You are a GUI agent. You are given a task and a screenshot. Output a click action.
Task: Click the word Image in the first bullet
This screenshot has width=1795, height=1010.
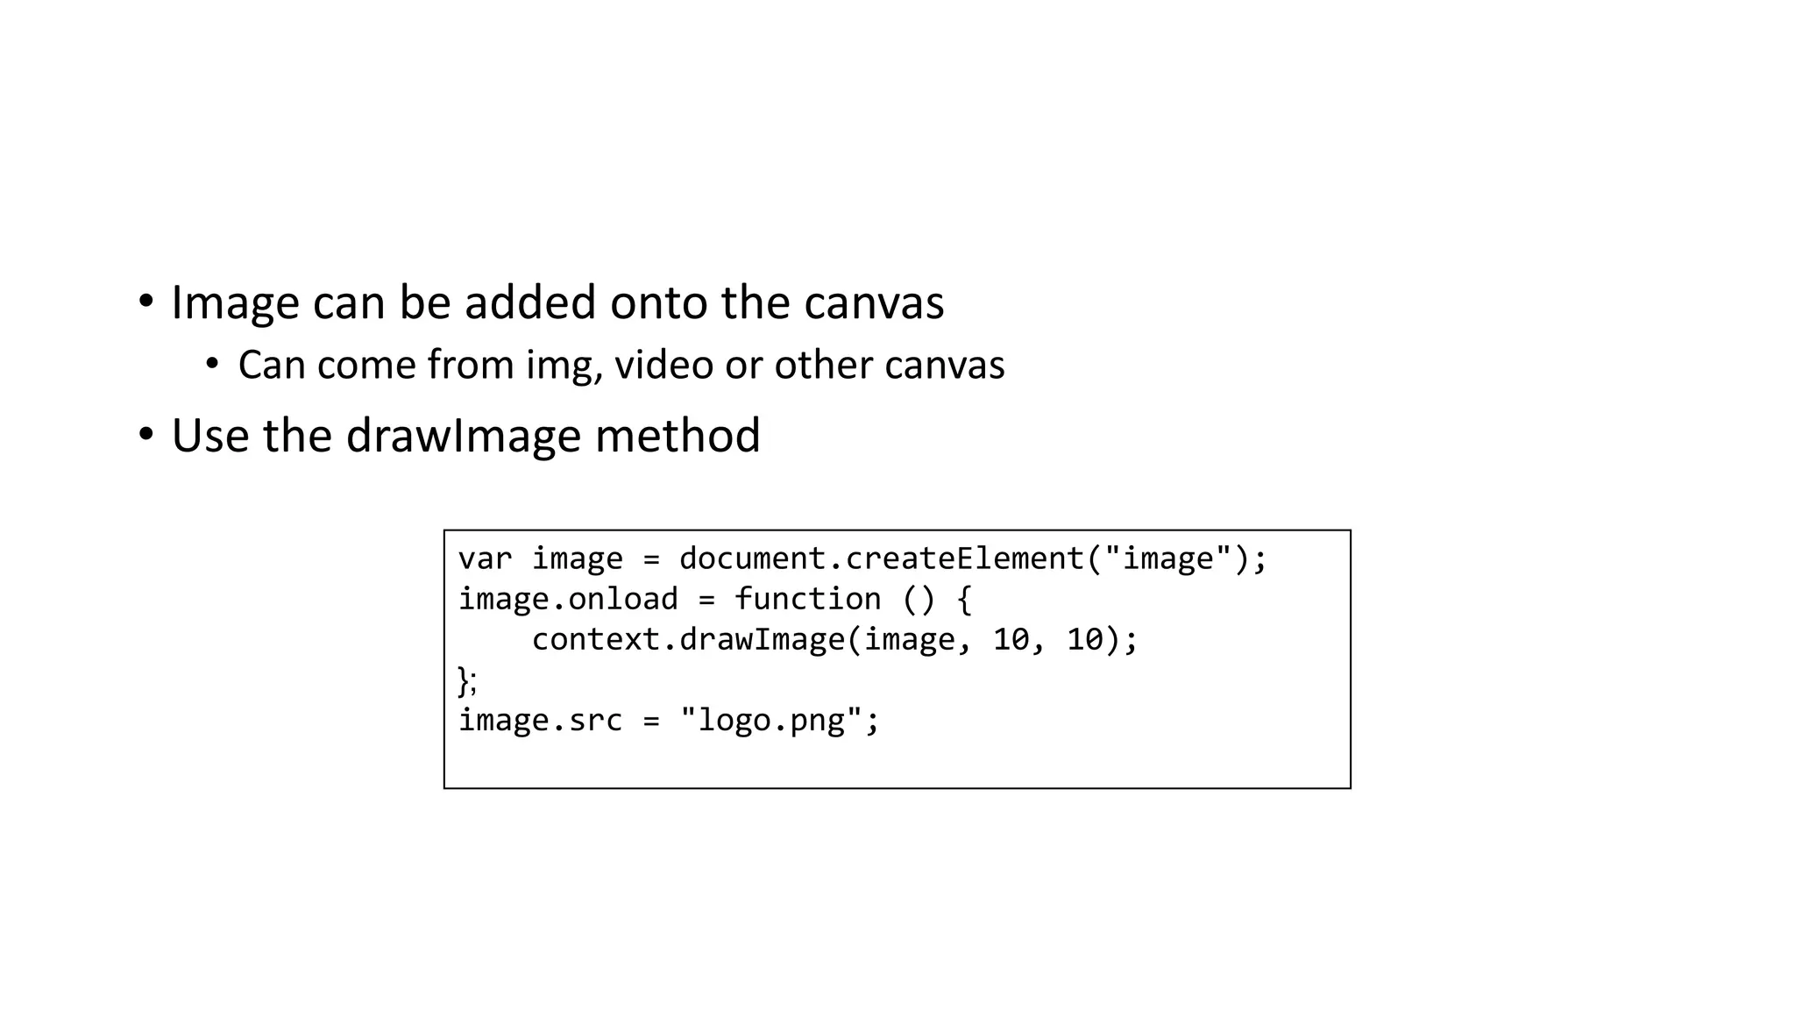coord(234,303)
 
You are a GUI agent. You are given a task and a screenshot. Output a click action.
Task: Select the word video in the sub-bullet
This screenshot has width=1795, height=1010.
coord(663,365)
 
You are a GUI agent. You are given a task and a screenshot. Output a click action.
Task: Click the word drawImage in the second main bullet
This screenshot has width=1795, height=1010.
coord(464,436)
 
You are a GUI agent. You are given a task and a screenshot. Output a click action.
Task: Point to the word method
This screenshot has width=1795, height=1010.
coord(678,436)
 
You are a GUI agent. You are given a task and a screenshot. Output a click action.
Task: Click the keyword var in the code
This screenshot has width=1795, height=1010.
coord(485,558)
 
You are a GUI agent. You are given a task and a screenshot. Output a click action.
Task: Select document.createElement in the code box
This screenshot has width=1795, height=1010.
coord(881,558)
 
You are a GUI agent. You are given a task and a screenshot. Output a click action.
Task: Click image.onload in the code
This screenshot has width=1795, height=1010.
coord(568,599)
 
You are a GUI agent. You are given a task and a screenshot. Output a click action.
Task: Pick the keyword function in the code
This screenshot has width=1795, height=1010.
coord(807,599)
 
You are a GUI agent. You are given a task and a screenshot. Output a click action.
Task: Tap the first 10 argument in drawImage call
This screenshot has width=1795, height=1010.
coord(1011,639)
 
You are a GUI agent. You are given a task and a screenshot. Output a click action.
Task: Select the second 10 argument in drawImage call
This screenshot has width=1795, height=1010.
coord(1084,639)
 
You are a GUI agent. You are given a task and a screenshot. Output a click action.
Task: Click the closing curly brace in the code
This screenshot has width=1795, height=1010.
coord(464,679)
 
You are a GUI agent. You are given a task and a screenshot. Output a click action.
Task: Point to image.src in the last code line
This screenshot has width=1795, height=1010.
coord(540,720)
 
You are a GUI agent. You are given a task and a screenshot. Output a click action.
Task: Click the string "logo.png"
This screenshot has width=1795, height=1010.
coord(771,720)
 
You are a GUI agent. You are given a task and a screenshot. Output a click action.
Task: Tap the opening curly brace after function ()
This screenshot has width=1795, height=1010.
coord(964,599)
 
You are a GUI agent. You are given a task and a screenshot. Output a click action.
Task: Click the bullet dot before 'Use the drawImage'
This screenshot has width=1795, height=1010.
coord(145,434)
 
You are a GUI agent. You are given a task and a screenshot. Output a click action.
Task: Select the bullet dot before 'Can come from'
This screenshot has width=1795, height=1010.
coord(212,363)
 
